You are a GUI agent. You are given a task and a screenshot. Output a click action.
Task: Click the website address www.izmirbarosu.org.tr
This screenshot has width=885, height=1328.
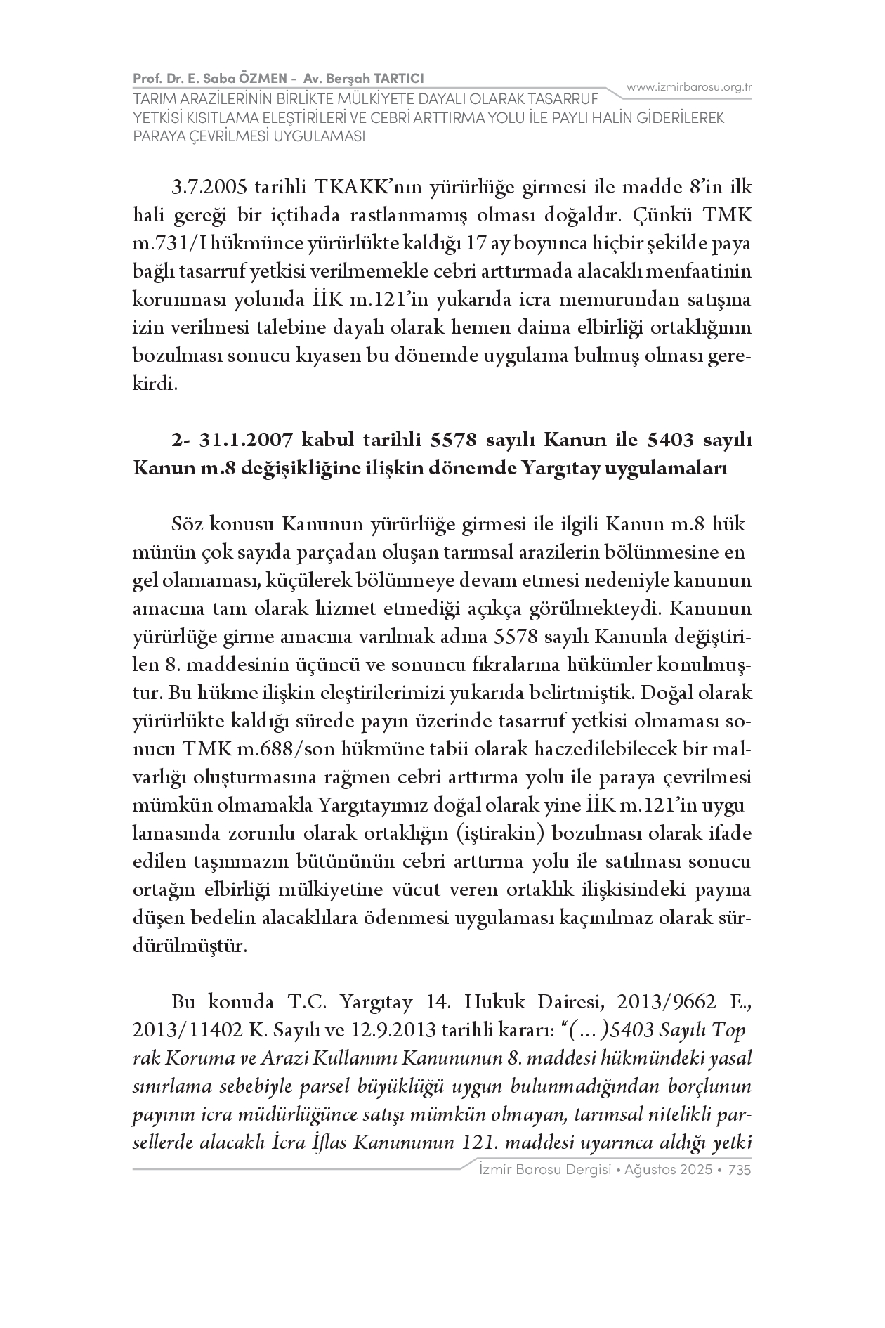(x=689, y=87)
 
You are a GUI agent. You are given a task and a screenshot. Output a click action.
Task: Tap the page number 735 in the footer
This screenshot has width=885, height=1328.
(x=740, y=1170)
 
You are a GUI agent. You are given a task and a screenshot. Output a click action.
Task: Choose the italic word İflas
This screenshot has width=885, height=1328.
(x=324, y=1143)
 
